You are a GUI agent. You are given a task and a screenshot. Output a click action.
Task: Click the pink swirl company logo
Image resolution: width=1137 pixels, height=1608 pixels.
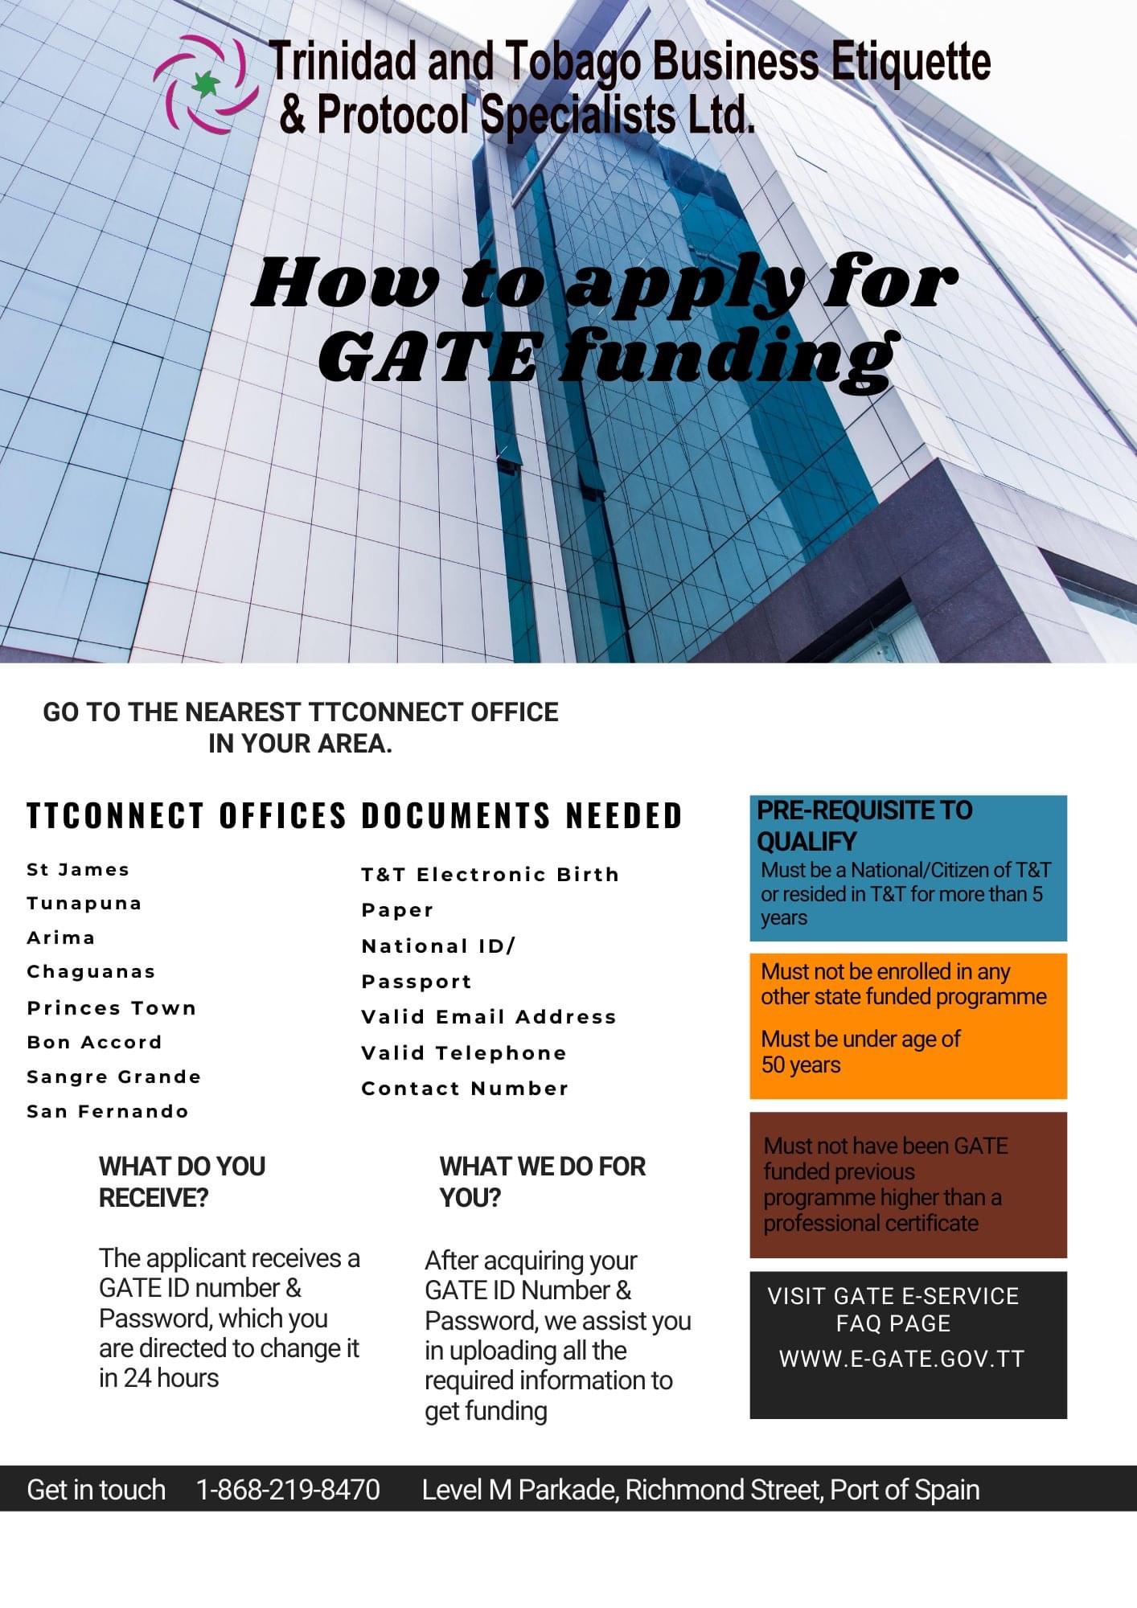[x=206, y=84]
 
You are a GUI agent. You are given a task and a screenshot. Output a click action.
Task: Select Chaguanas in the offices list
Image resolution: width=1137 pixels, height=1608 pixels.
[x=91, y=971]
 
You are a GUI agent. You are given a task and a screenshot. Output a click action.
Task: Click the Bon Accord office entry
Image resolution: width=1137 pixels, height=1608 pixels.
[x=94, y=1042]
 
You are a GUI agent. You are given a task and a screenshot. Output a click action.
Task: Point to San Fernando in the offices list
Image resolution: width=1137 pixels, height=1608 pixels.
[x=108, y=1111]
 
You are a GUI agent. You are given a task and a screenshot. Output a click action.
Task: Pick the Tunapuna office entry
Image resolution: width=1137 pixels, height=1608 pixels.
[x=84, y=903]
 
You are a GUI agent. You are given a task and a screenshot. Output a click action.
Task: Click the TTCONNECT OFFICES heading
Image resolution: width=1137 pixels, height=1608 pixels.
[x=187, y=815]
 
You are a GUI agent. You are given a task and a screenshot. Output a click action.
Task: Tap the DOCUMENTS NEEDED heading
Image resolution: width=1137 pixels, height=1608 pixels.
[x=522, y=815]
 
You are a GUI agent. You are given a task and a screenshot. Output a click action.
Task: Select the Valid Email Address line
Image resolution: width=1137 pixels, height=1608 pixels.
[x=489, y=1017]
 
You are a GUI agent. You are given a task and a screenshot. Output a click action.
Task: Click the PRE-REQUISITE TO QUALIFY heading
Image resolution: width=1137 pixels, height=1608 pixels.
[x=864, y=825]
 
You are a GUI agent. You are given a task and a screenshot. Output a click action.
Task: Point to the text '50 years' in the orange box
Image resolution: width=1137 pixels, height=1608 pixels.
[x=801, y=1064]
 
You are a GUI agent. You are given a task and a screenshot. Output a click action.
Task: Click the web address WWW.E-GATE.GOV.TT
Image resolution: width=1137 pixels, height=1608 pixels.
[x=901, y=1359]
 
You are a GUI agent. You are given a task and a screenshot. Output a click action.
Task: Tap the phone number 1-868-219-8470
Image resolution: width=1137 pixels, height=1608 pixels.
[x=288, y=1490]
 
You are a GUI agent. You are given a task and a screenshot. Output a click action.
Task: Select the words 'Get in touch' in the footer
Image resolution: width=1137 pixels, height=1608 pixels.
[x=96, y=1490]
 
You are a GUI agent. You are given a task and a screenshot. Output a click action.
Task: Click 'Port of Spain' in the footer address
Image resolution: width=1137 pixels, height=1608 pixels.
[x=905, y=1490]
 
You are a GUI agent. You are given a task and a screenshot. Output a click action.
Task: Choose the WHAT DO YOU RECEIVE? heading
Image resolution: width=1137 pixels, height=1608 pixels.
[x=182, y=1182]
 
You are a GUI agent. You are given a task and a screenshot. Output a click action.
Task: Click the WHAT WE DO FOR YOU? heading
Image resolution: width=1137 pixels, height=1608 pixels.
[x=542, y=1182]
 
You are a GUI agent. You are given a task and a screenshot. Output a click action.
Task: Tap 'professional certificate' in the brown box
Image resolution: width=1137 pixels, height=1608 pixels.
[x=871, y=1223]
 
